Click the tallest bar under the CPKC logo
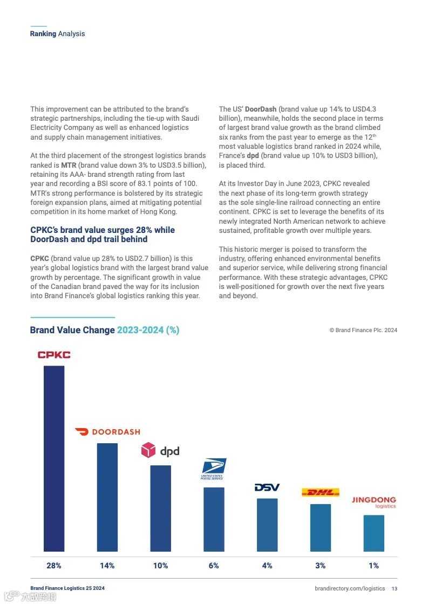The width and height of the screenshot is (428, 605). [x=54, y=458]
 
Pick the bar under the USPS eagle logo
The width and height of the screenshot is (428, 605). [x=214, y=519]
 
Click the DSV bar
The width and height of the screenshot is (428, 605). [x=267, y=525]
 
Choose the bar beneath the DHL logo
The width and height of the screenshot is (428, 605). [x=321, y=527]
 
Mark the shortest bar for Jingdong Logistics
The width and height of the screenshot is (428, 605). [x=373, y=533]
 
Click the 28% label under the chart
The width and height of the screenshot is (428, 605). [x=54, y=566]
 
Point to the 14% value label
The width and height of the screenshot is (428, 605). [x=107, y=566]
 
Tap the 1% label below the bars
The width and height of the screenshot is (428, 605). [x=373, y=566]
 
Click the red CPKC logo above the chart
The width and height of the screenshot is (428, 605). [x=54, y=355]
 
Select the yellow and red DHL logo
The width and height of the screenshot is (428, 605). [x=320, y=492]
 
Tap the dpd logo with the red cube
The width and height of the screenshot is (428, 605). [x=160, y=450]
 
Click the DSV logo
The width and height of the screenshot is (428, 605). [x=267, y=487]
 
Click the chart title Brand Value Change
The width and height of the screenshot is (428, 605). [x=72, y=330]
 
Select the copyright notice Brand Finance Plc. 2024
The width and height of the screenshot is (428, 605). [x=363, y=331]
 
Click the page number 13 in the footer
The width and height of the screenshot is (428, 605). [x=395, y=589]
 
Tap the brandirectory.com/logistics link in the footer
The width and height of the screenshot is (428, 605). [x=350, y=589]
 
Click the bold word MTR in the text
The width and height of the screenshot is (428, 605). [x=69, y=165]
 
